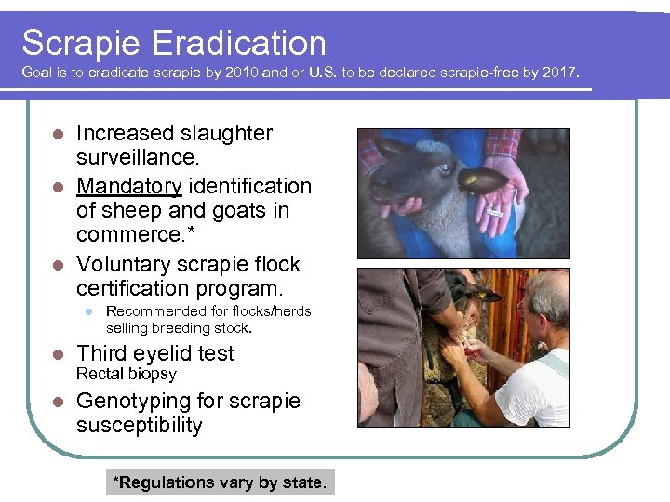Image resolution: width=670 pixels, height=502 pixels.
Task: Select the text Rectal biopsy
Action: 127,374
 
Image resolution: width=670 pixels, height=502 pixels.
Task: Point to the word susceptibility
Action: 140,426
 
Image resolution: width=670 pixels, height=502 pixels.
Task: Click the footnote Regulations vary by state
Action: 220,482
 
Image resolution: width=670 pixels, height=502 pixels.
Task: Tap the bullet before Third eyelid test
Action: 57,354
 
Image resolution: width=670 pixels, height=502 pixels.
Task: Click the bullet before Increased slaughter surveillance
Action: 57,134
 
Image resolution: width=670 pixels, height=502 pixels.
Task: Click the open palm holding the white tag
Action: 497,206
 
